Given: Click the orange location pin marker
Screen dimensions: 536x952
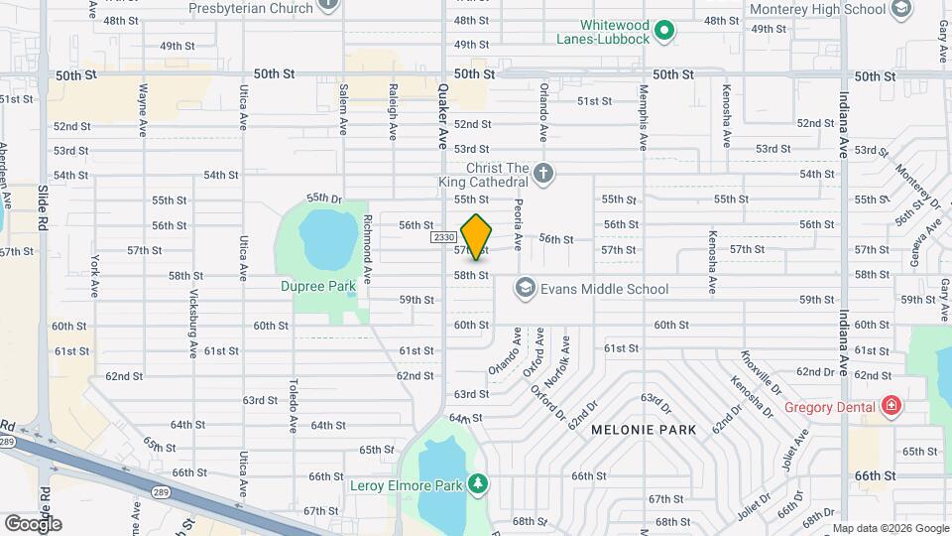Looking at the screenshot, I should pos(477,235).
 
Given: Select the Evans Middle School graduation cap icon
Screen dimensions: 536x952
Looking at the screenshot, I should pos(523,289).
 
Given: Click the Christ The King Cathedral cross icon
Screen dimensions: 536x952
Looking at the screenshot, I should pos(542,174).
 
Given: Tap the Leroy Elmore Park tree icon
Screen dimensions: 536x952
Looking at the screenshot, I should pos(479,484).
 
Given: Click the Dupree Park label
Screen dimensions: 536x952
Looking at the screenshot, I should pos(325,287).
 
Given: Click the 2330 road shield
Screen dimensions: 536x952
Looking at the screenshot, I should pos(443,237).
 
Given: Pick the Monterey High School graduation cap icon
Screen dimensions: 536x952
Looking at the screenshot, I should pos(901,10).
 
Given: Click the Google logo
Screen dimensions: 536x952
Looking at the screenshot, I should pos(32,523).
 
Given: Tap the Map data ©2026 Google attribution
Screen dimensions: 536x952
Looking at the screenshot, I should pos(889,528).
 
